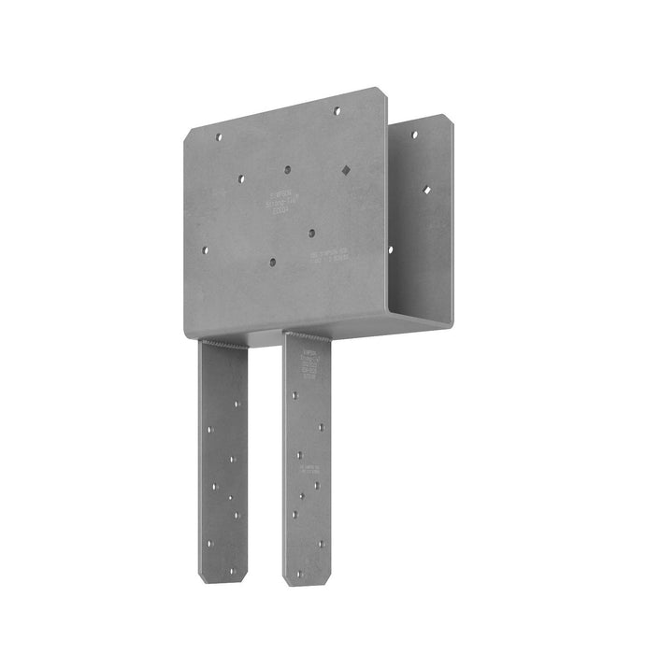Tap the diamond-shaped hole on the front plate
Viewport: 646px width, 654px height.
point(346,170)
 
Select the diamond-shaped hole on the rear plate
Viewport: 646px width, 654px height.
point(428,190)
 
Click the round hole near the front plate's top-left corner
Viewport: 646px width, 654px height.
point(219,136)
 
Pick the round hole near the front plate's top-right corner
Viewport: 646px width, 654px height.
point(337,110)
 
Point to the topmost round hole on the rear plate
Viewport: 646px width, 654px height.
point(415,135)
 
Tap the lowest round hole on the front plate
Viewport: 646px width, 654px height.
point(271,263)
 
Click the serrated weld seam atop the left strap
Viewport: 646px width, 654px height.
point(224,344)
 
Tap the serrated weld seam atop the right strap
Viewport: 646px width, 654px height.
point(308,335)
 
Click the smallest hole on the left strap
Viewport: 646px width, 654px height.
point(232,497)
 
